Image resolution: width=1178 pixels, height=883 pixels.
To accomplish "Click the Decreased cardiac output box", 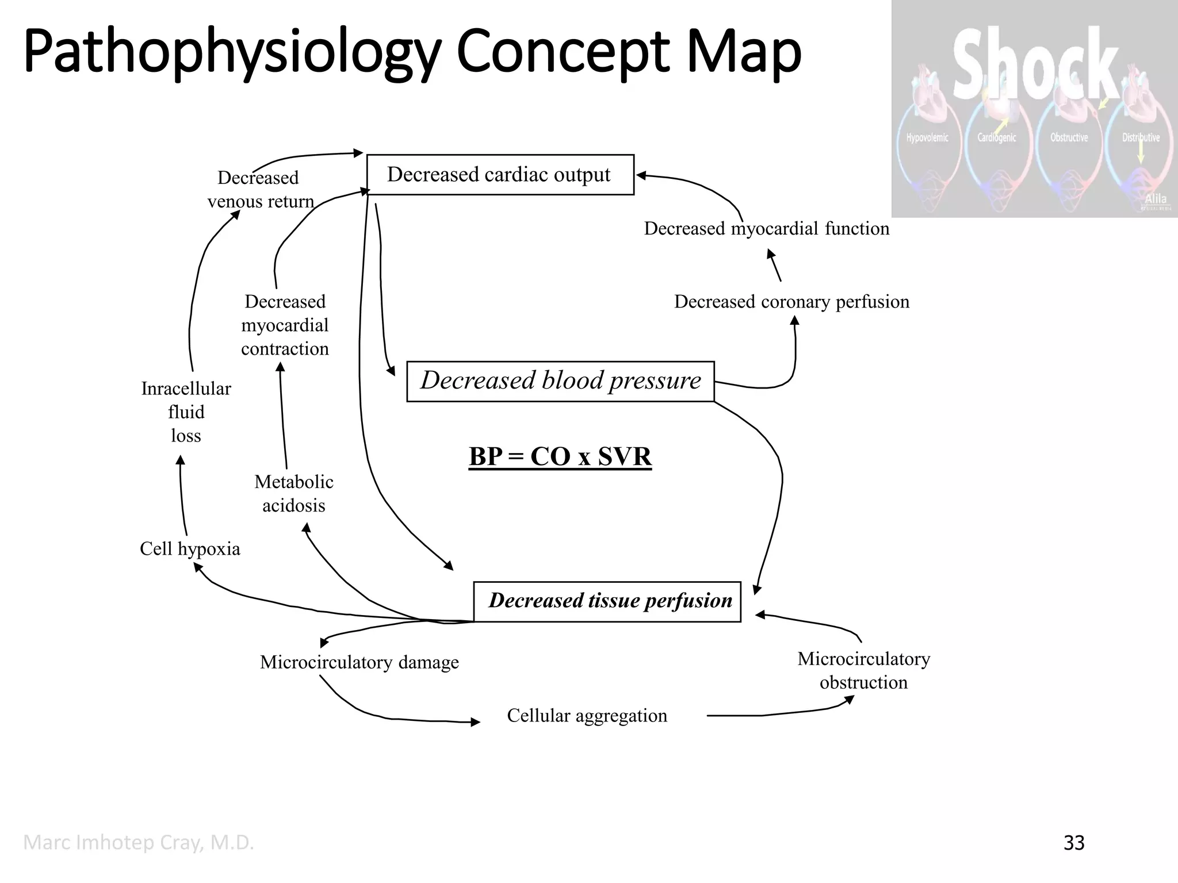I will (x=500, y=175).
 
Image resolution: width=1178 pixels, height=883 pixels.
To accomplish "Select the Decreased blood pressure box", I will (x=560, y=381).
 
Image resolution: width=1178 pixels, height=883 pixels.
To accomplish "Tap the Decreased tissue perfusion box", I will (x=607, y=601).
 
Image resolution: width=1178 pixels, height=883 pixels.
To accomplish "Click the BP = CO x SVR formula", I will (x=560, y=457).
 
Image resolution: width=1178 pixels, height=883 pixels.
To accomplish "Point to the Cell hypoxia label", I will (x=190, y=549).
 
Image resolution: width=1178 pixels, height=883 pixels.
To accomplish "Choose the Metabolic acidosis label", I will (x=294, y=494).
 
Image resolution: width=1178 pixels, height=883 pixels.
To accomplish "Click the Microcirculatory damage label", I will (x=359, y=662).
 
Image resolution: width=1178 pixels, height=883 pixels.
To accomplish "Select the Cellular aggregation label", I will (x=587, y=716).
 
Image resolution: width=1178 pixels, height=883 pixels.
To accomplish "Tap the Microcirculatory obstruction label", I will (x=863, y=671).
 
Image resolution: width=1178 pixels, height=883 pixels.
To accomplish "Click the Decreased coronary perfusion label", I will (x=791, y=302).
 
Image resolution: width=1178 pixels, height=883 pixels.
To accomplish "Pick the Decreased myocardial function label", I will (x=766, y=229).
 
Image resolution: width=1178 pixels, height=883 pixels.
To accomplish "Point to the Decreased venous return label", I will (x=260, y=190).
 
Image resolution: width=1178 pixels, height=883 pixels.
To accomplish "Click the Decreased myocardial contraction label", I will (x=285, y=325).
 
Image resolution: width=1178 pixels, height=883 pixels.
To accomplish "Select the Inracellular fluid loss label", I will (x=186, y=412).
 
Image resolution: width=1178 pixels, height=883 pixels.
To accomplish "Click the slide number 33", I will (x=1074, y=843).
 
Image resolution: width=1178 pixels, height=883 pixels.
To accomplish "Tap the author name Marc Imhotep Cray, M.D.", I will (x=139, y=843).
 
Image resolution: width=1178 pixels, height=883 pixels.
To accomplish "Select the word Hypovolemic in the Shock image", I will (x=927, y=138).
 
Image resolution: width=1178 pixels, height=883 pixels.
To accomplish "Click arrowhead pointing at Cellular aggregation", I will (x=476, y=722).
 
